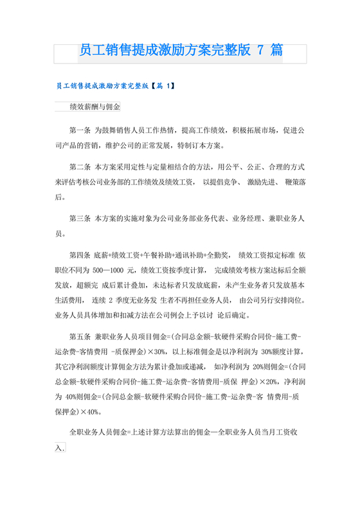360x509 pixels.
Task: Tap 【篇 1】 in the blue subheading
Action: [163, 85]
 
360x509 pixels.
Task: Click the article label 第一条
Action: [81, 130]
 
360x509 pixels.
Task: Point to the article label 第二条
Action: [81, 165]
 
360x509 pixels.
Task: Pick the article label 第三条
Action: [81, 219]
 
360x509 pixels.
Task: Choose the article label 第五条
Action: [81, 337]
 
